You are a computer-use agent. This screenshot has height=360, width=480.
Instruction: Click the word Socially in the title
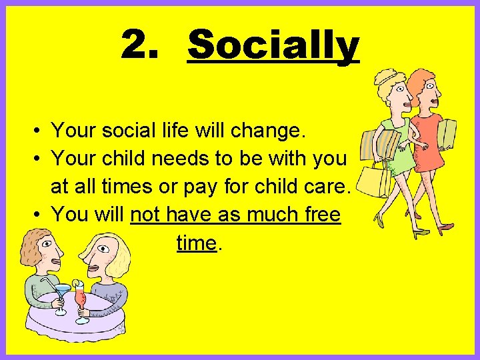click(273, 46)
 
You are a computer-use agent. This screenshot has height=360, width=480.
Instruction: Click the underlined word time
click(197, 243)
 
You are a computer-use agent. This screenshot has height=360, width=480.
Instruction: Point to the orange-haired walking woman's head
click(423, 90)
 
